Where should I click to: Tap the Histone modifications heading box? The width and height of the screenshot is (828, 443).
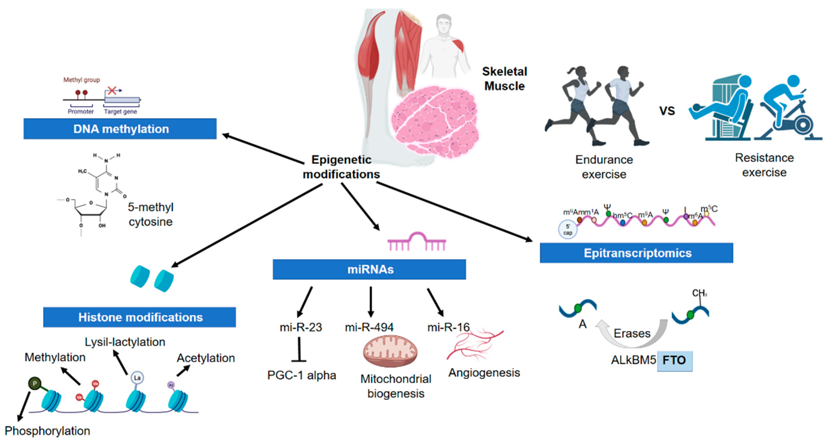pyautogui.click(x=140, y=317)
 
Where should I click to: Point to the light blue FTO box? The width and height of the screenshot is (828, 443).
pyautogui.click(x=675, y=360)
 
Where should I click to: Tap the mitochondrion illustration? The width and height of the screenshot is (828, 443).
pyautogui.click(x=390, y=351)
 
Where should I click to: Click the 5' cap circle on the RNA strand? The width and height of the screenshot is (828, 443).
pyautogui.click(x=568, y=229)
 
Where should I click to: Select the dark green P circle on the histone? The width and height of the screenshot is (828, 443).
pyautogui.click(x=35, y=383)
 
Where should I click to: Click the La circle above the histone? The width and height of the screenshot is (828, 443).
pyautogui.click(x=137, y=378)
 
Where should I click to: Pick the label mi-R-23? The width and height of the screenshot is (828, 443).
pyautogui.click(x=300, y=327)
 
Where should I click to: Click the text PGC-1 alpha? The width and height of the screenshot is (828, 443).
pyautogui.click(x=301, y=375)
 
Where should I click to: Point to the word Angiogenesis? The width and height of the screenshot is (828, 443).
pyautogui.click(x=484, y=373)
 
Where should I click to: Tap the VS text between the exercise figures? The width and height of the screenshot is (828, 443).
pyautogui.click(x=667, y=111)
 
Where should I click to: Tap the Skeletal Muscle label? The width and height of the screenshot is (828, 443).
pyautogui.click(x=504, y=79)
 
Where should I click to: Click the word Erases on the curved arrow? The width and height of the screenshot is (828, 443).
pyautogui.click(x=632, y=333)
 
